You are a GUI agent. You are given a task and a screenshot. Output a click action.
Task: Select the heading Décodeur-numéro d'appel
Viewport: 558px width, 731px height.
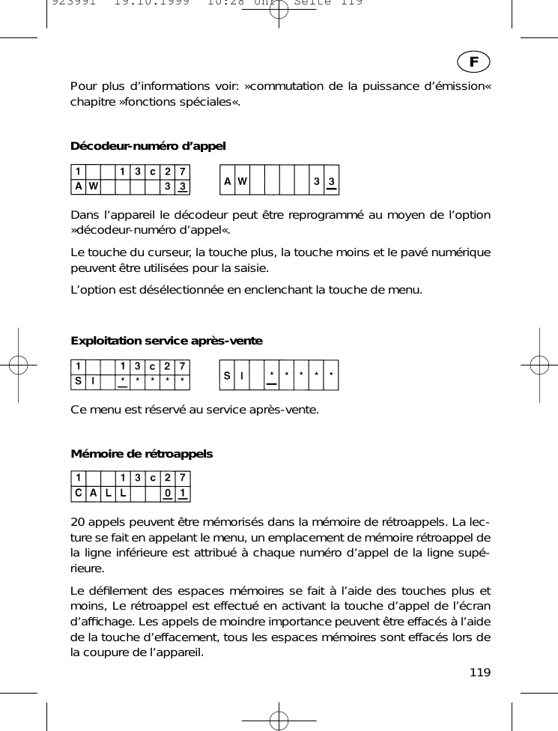pos(148,145)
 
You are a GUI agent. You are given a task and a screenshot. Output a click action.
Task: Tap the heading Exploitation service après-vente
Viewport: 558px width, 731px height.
pos(166,341)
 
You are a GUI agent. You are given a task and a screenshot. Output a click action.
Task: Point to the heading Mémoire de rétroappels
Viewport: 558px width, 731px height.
pos(142,454)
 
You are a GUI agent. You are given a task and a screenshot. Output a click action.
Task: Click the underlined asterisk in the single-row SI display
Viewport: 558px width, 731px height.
pos(271,374)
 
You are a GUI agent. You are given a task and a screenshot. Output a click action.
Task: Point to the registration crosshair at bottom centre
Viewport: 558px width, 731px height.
pos(279,720)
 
